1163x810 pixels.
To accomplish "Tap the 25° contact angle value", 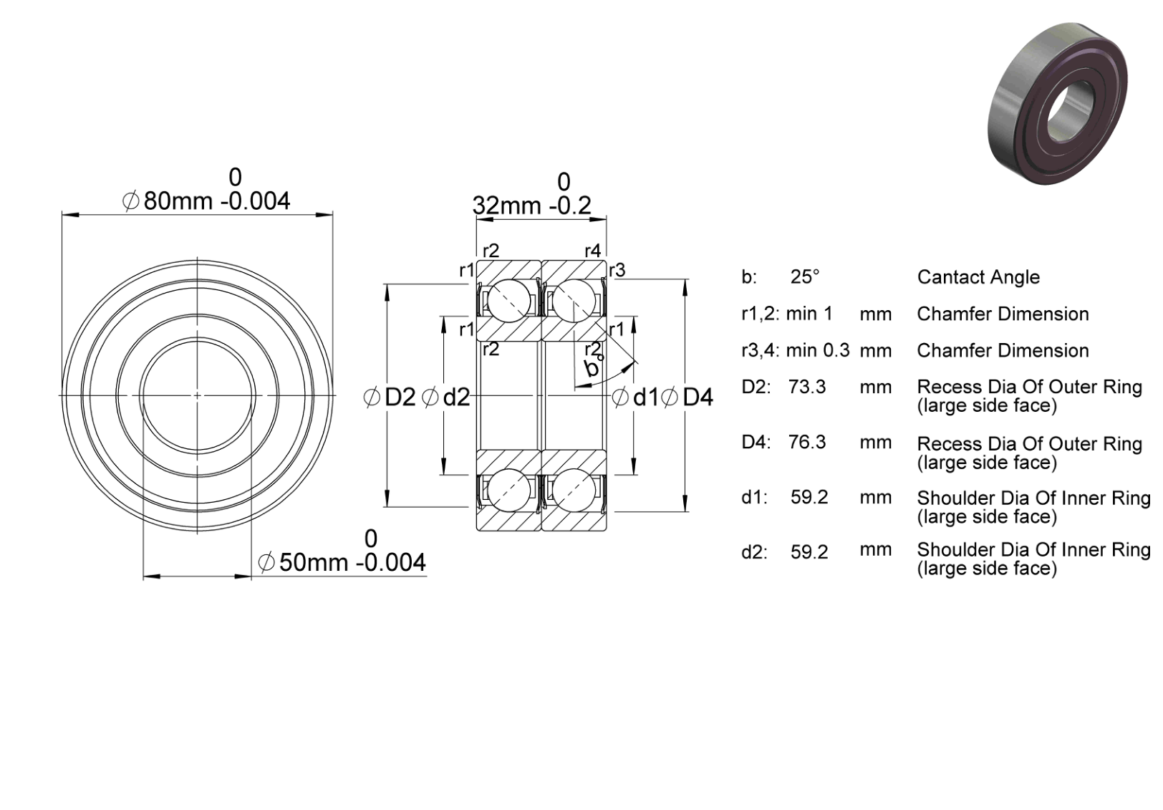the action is coord(805,276).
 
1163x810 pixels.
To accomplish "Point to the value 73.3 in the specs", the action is coord(807,387).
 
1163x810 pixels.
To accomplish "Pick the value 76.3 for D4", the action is coord(807,442).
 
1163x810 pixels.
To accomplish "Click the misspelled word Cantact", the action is coord(949,276).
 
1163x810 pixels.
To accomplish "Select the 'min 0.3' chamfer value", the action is coord(818,350).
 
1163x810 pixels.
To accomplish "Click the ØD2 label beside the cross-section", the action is coord(390,397).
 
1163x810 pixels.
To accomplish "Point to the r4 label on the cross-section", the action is coord(592,251).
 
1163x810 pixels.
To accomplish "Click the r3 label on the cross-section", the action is coord(617,270).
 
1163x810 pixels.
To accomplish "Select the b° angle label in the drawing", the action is coord(594,366).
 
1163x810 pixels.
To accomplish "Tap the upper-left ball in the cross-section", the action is coord(508,301).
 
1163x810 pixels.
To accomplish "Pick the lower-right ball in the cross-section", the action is coord(574,490).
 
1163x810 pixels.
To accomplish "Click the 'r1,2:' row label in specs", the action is coord(760,314).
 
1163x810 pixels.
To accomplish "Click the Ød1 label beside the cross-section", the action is coord(635,397).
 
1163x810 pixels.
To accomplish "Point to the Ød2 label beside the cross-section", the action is coord(445,397).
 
